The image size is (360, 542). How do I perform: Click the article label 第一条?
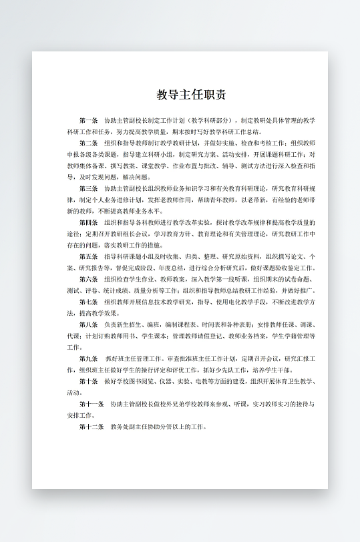tap(88, 121)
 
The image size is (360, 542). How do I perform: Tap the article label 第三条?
tap(88, 189)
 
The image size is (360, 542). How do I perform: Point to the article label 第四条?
tap(88, 222)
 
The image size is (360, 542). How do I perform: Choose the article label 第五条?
tap(88, 256)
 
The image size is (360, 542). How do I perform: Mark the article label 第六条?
tap(88, 279)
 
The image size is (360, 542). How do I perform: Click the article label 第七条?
tap(88, 302)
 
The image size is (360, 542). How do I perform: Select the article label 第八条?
tap(88, 324)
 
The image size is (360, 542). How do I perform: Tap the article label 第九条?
tap(88, 358)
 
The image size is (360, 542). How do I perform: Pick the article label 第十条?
tap(88, 381)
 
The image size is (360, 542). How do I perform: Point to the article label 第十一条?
tap(91, 404)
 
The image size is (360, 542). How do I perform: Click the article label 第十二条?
tap(91, 427)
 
